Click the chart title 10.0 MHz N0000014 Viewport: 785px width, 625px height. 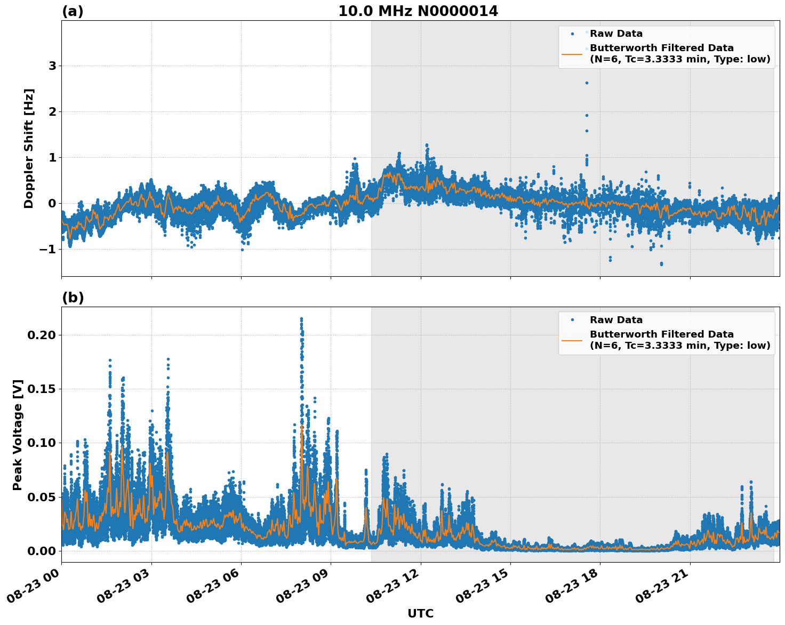418,11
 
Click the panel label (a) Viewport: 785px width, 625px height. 73,11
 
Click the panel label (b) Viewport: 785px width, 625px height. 73,298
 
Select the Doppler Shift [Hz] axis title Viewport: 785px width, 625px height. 29,148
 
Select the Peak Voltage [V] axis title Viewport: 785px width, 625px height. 18,435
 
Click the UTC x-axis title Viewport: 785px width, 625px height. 420,613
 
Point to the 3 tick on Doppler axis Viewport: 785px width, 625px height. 52,66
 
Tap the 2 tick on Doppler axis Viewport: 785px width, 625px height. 52,111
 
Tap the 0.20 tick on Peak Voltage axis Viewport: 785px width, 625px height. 42,335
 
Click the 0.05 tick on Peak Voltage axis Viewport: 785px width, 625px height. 42,497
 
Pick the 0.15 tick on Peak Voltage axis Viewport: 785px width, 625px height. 42,389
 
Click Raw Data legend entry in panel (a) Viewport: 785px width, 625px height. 616,34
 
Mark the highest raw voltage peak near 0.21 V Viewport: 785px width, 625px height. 301,319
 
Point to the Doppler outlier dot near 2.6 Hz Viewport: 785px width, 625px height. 587,83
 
